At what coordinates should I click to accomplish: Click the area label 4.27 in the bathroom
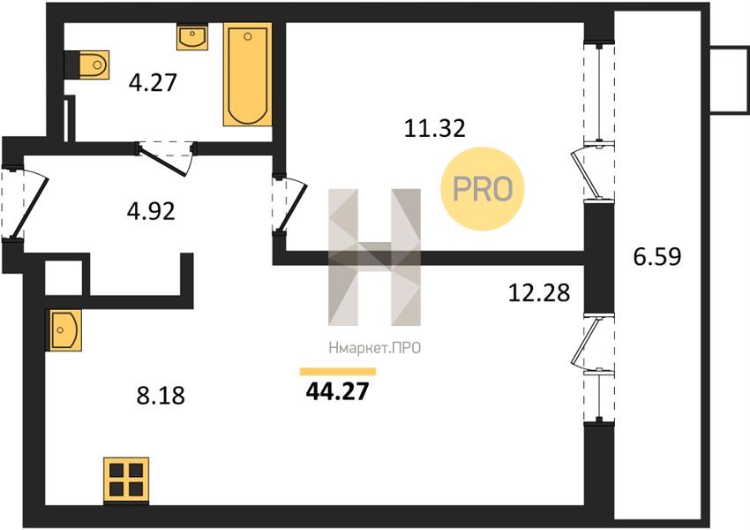(153, 82)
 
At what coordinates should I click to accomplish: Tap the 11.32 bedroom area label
(435, 128)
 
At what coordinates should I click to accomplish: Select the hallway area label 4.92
(151, 211)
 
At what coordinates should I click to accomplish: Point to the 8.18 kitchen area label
(161, 397)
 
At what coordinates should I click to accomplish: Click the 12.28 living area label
(539, 293)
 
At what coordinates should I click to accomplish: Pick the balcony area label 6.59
(657, 257)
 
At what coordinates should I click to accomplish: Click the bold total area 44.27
(338, 391)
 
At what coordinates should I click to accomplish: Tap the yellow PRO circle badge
(483, 189)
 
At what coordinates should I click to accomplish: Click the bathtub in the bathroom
(248, 74)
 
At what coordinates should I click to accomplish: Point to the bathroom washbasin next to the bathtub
(192, 36)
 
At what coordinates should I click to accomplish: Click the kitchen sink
(64, 329)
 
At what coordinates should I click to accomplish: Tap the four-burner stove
(126, 481)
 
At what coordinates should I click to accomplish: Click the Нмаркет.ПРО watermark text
(375, 348)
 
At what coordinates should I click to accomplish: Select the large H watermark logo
(374, 257)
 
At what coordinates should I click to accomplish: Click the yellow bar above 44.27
(338, 372)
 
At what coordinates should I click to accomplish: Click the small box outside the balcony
(730, 80)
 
